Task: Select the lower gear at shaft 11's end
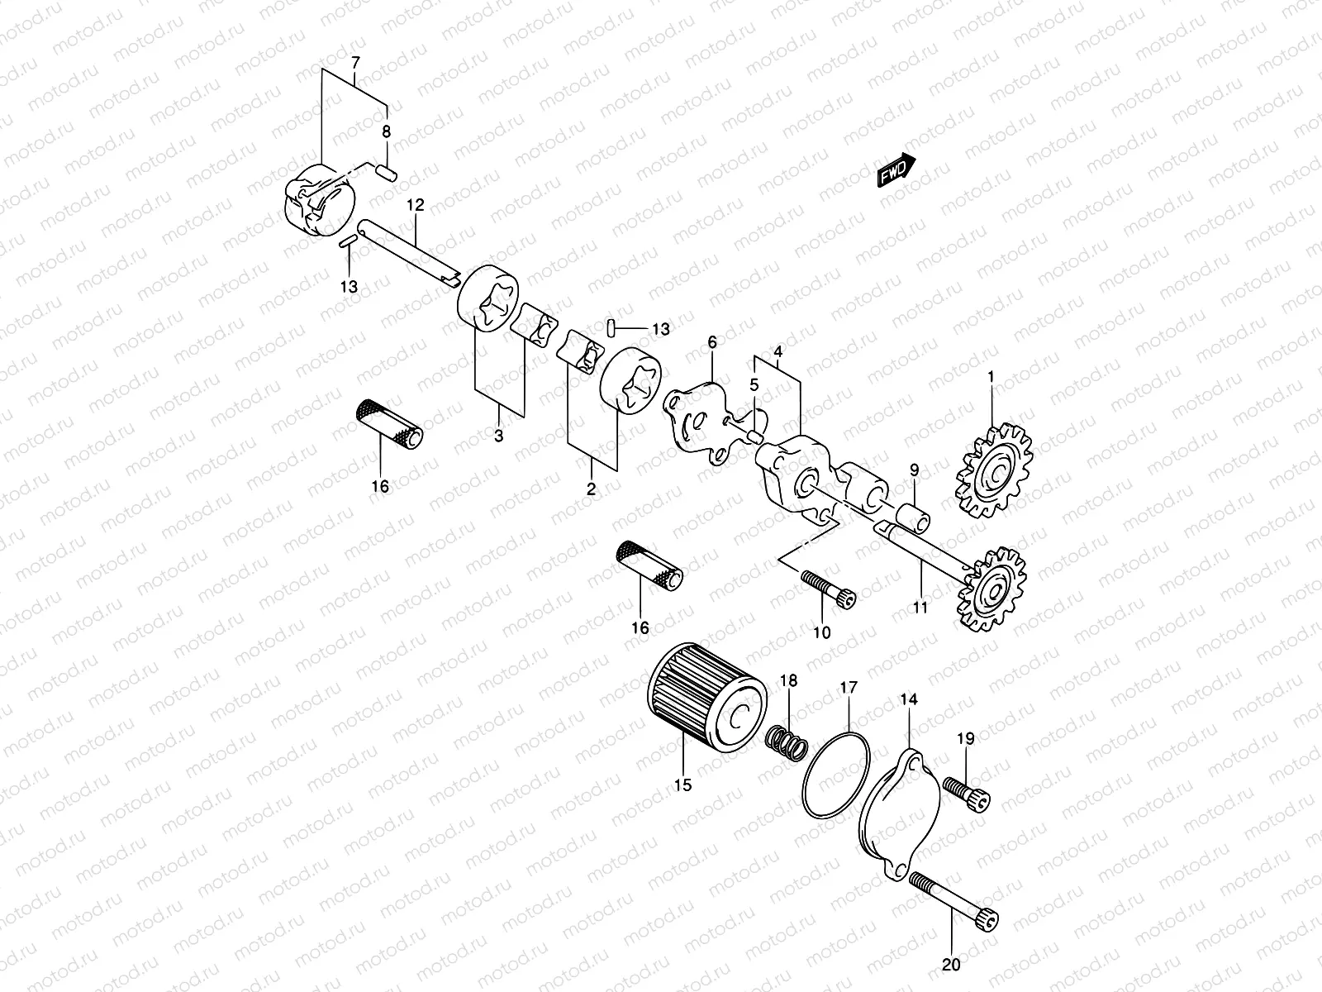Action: coord(992,589)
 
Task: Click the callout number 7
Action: coord(355,63)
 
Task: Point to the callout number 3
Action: coord(498,437)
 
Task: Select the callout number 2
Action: coord(591,489)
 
